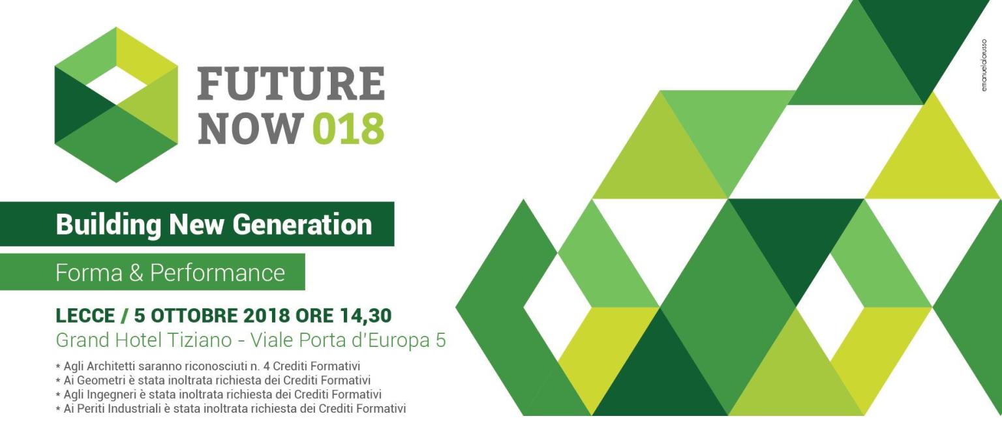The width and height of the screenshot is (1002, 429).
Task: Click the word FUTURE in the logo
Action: point(291,83)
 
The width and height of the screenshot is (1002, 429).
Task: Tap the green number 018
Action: point(348,128)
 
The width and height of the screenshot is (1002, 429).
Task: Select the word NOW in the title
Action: point(250,128)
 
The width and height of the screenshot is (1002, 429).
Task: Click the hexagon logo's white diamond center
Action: point(117,85)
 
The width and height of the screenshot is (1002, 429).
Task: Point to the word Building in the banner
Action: point(108,225)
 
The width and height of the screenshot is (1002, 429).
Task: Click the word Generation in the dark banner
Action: point(303,224)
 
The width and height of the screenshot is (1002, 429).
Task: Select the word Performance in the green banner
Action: point(217,273)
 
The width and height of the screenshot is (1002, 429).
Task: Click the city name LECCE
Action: point(85,316)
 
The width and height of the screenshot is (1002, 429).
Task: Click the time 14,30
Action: point(365,316)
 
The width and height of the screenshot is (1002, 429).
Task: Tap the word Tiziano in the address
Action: point(200,340)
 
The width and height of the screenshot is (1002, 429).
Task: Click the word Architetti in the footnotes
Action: point(111,366)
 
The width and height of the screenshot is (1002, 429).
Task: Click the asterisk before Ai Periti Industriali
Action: point(58,409)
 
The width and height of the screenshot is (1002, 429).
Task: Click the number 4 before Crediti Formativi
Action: point(267,366)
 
